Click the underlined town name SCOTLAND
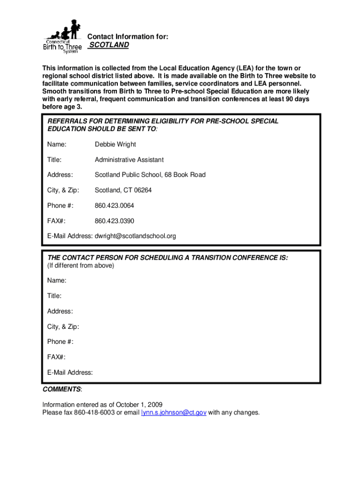point(109,45)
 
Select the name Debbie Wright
point(115,145)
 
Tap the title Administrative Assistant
point(129,160)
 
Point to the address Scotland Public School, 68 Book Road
point(150,175)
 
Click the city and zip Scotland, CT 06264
point(123,190)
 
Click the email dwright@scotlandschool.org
point(135,236)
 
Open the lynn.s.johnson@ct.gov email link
point(173,413)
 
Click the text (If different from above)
point(80,266)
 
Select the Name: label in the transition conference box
point(57,281)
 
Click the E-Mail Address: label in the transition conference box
point(70,373)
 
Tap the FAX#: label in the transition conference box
point(56,357)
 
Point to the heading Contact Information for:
point(128,36)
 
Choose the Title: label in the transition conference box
point(54,296)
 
